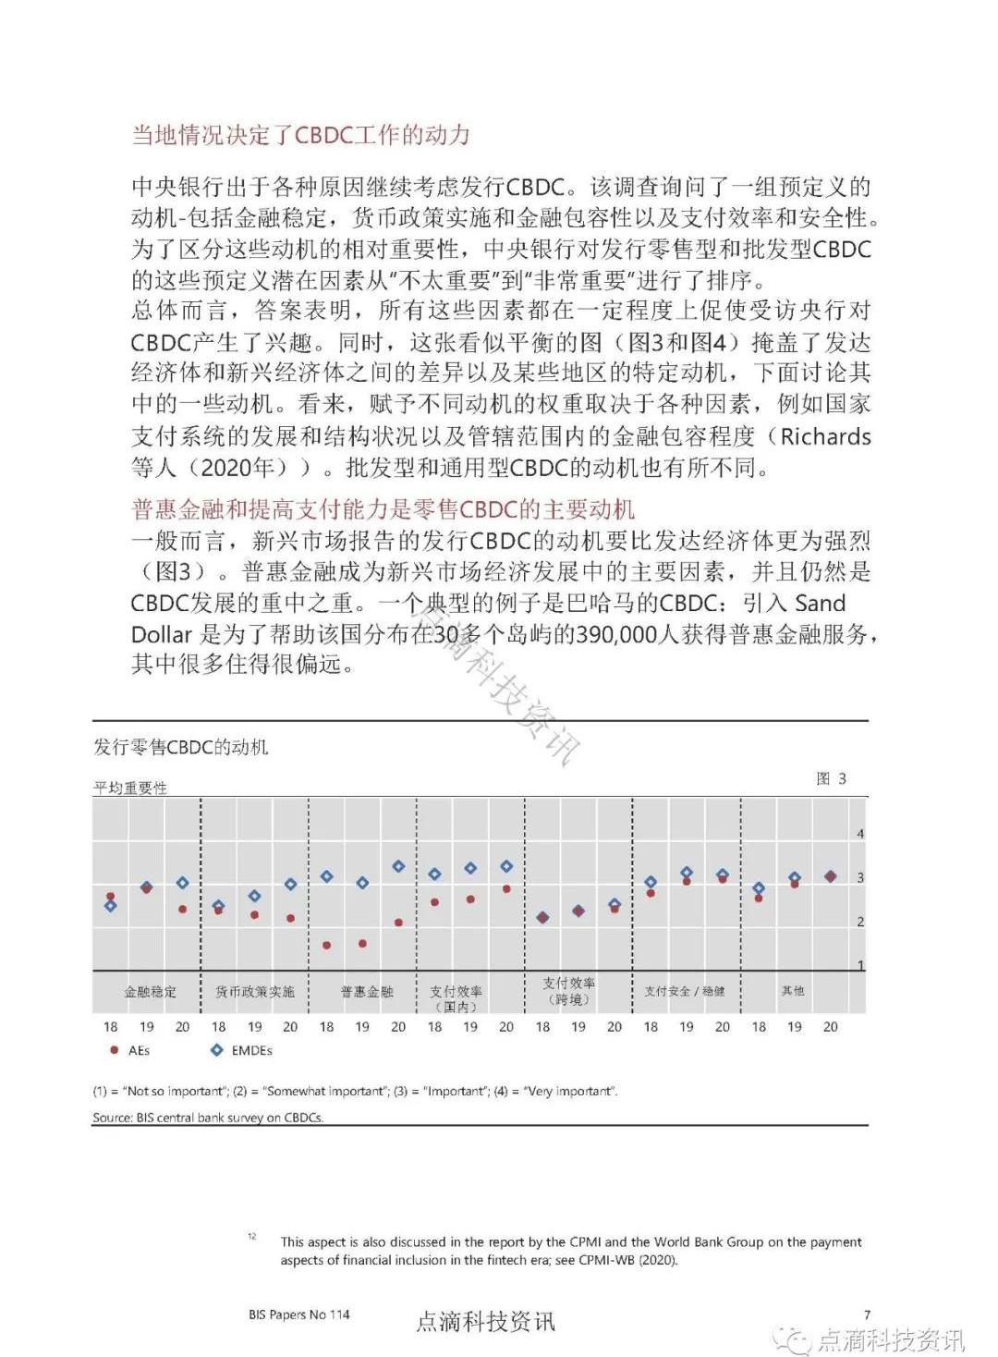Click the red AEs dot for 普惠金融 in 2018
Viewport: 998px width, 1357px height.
point(326,946)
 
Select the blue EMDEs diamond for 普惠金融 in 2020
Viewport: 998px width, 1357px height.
point(398,866)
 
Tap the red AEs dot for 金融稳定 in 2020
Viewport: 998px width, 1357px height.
point(183,910)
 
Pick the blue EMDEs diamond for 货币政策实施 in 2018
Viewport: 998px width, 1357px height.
point(219,906)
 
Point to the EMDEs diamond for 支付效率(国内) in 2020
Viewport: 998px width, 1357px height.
point(506,866)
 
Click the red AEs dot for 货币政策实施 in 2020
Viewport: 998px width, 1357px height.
point(290,918)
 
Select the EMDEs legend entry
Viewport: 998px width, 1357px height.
point(241,1050)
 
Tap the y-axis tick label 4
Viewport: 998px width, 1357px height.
point(860,834)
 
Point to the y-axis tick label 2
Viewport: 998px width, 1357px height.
point(860,922)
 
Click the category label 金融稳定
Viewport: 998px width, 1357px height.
point(150,992)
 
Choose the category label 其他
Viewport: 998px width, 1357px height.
point(793,991)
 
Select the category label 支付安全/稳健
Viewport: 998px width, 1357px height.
point(685,992)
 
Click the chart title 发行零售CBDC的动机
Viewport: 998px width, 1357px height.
point(181,747)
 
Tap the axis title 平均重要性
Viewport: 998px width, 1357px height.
point(130,788)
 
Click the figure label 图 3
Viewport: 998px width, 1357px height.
point(831,778)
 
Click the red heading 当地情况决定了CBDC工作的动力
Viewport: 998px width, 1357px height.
point(300,135)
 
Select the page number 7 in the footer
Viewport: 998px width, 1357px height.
point(867,1314)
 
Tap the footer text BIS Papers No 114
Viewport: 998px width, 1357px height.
point(299,1314)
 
